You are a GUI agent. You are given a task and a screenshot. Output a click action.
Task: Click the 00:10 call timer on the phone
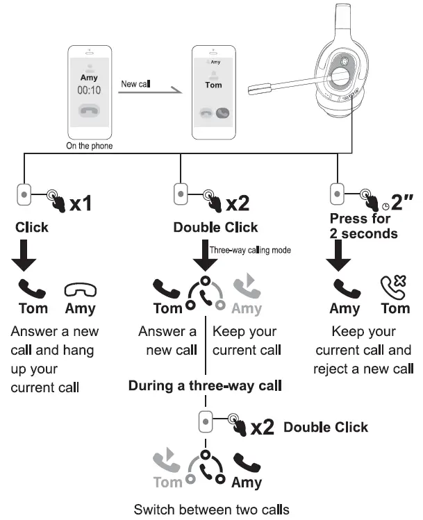pyautogui.click(x=88, y=90)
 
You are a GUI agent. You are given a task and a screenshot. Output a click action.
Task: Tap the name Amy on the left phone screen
pyautogui.click(x=88, y=78)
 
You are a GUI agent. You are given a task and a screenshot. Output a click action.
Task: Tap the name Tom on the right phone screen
pyautogui.click(x=214, y=84)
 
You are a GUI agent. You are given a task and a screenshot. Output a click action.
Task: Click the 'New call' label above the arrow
pyautogui.click(x=136, y=84)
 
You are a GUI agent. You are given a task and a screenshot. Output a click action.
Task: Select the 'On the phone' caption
pyautogui.click(x=89, y=146)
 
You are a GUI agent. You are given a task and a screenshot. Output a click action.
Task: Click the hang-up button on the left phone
pyautogui.click(x=88, y=111)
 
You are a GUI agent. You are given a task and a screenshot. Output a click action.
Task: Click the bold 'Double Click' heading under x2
pyautogui.click(x=215, y=227)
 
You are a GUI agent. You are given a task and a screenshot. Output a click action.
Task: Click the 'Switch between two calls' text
pyautogui.click(x=211, y=509)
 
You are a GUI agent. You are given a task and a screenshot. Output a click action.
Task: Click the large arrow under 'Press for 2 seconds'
pyautogui.click(x=340, y=257)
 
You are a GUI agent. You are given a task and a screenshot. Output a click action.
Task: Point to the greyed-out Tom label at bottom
pyautogui.click(x=167, y=482)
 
